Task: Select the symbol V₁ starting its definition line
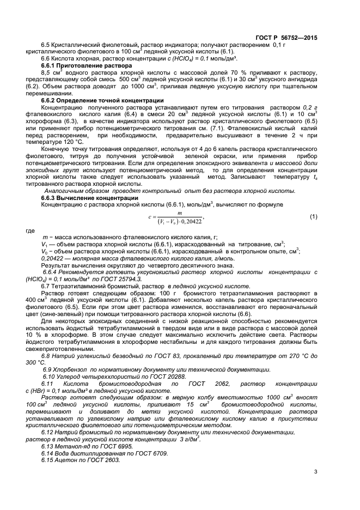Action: pos(45,245)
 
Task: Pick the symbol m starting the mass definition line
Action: pos(44,238)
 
